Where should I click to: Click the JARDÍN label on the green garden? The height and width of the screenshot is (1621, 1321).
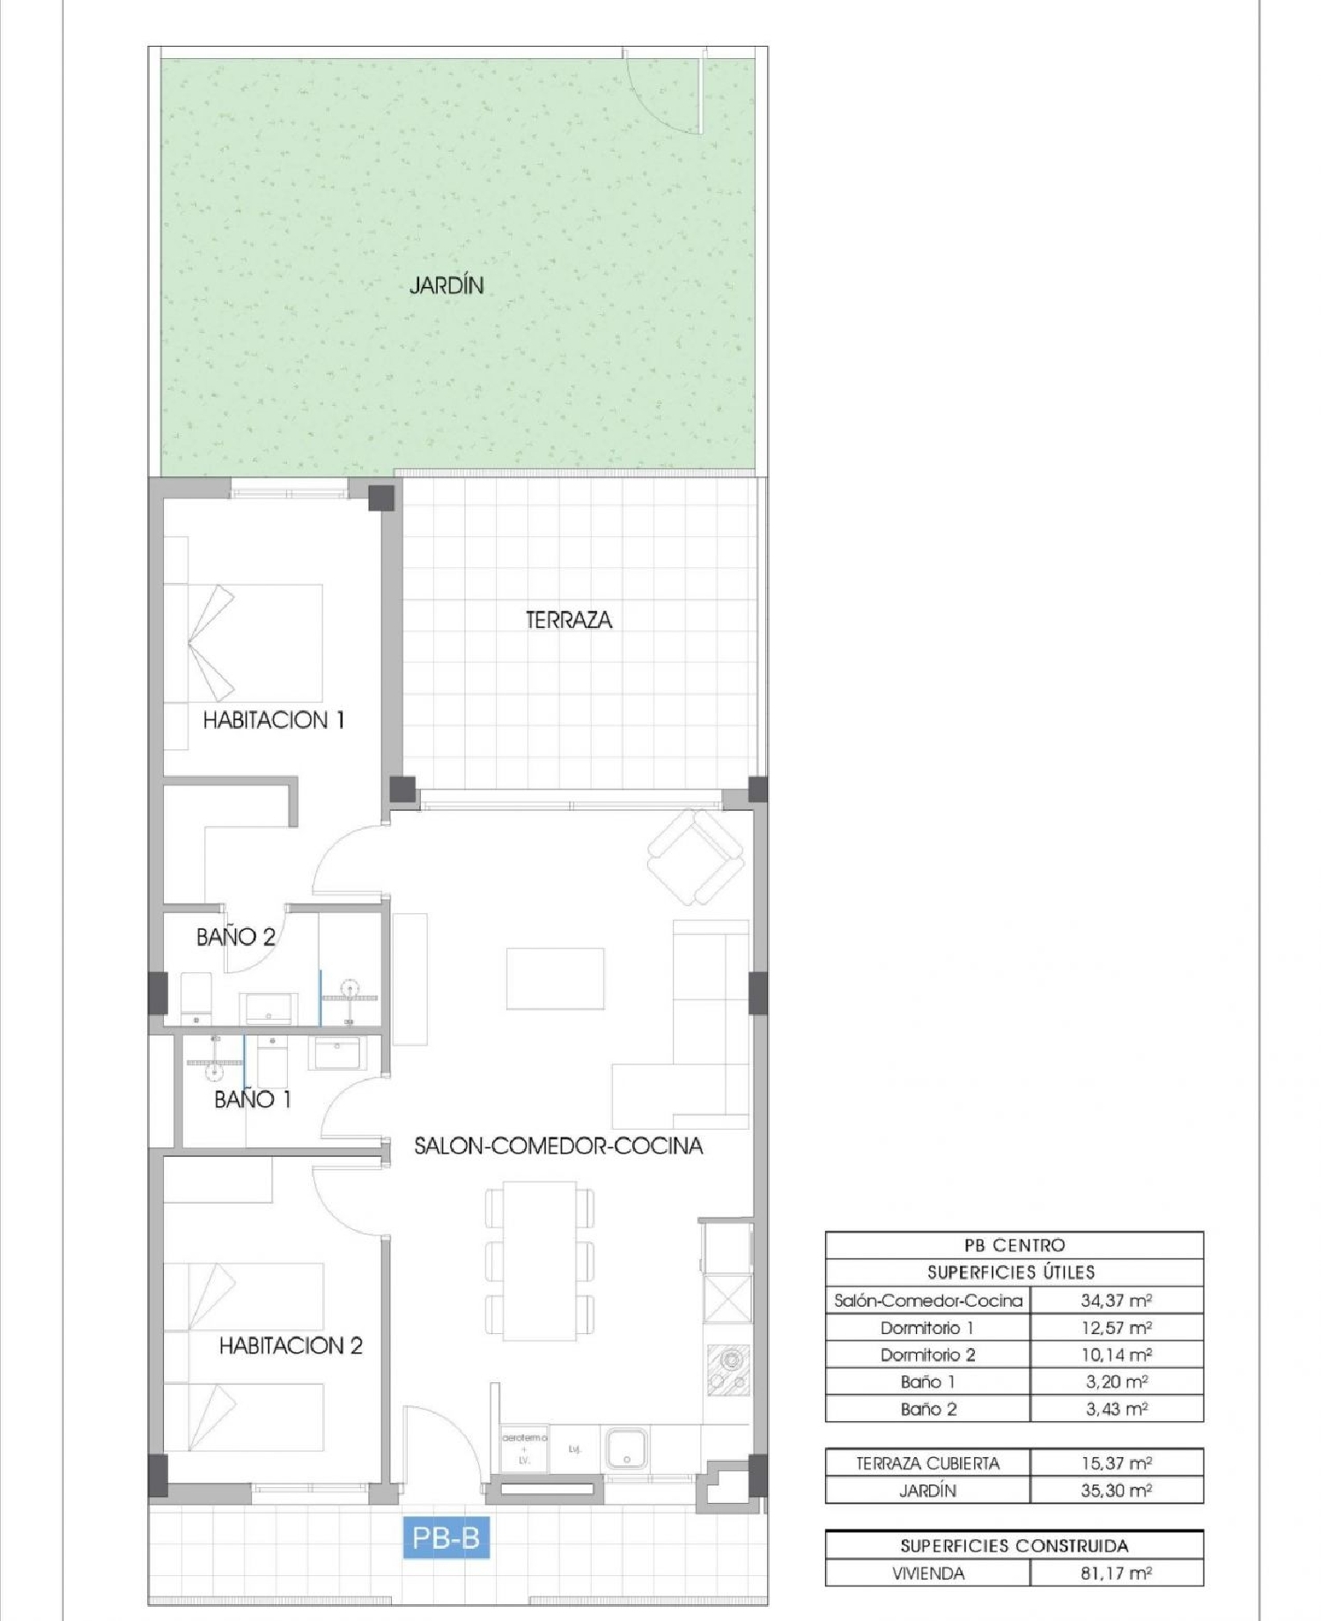pyautogui.click(x=446, y=285)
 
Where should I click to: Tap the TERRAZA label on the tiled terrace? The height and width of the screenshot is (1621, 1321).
pyautogui.click(x=568, y=620)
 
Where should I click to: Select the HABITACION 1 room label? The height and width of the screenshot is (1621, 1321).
pyautogui.click(x=273, y=720)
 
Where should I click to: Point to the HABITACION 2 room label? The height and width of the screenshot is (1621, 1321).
pyautogui.click(x=291, y=1345)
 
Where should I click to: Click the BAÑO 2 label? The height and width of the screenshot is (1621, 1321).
pyautogui.click(x=235, y=937)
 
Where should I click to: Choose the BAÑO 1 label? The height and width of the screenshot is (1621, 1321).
pyautogui.click(x=252, y=1099)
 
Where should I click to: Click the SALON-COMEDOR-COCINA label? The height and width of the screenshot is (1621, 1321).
pyautogui.click(x=558, y=1146)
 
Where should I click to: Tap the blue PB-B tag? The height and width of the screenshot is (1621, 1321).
pyautogui.click(x=446, y=1537)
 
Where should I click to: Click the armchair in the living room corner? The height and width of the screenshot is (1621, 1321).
pyautogui.click(x=696, y=856)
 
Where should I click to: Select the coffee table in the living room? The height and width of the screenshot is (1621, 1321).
pyautogui.click(x=555, y=978)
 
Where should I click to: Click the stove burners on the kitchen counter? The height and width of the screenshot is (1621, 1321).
pyautogui.click(x=730, y=1370)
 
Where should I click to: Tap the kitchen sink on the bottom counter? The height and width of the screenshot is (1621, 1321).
pyautogui.click(x=626, y=1449)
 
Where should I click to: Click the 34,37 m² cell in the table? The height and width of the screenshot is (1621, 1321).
pyautogui.click(x=1116, y=1300)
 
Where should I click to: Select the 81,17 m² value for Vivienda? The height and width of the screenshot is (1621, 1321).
pyautogui.click(x=1116, y=1573)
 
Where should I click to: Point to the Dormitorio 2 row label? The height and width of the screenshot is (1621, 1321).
pyautogui.click(x=927, y=1354)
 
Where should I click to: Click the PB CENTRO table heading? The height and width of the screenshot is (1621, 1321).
pyautogui.click(x=1014, y=1245)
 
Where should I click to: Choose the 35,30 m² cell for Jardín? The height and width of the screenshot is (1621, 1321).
pyautogui.click(x=1116, y=1490)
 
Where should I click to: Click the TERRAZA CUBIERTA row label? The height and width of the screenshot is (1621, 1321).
pyautogui.click(x=927, y=1463)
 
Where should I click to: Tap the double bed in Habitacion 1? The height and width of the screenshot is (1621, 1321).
pyautogui.click(x=255, y=643)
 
